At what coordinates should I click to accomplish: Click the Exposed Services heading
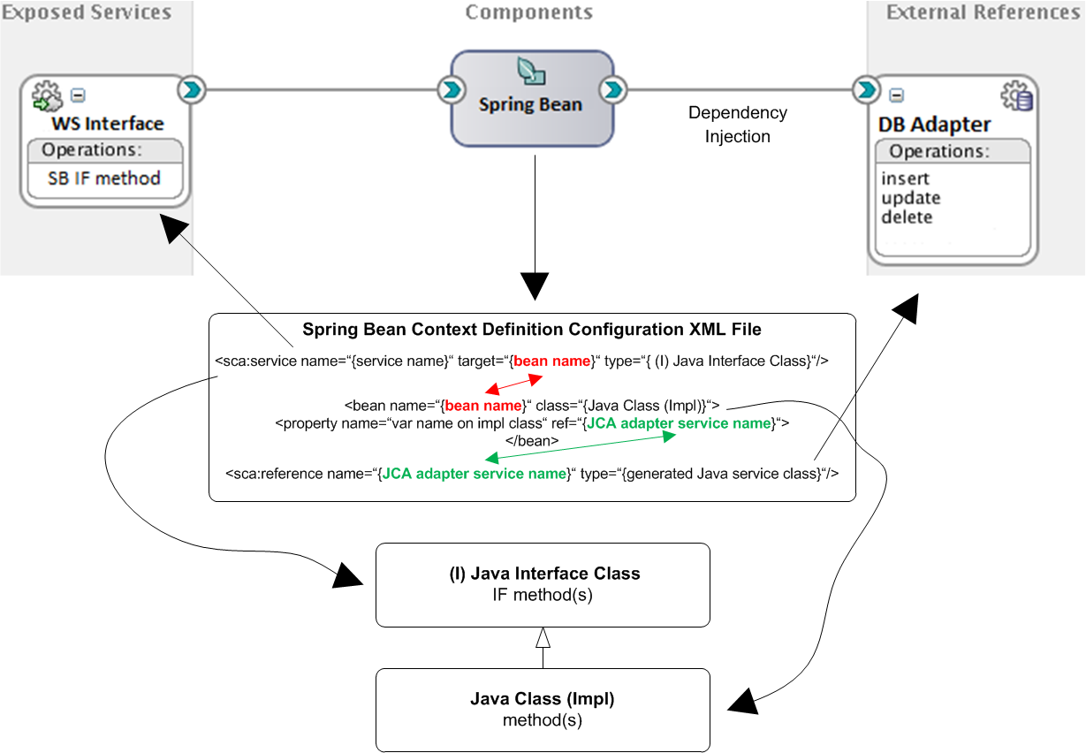coord(86,12)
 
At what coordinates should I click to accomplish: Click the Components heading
coord(529,12)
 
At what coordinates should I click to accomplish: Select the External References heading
coord(983,12)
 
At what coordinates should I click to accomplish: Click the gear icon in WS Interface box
coord(45,95)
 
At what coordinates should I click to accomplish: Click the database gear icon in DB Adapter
coord(1017,96)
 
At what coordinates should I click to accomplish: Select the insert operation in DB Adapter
coord(905,179)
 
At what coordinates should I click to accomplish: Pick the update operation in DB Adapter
coord(910,198)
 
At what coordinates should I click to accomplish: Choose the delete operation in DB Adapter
coord(907,217)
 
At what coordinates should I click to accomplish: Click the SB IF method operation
coord(104,179)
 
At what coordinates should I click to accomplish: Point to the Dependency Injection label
coord(737,125)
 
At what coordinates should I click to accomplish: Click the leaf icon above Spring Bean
coord(530,72)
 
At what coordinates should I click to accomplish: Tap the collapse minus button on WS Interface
coord(78,95)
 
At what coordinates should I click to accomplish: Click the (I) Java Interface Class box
coord(543,584)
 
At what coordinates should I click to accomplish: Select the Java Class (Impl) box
coord(543,710)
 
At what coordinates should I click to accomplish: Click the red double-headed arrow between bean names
coord(513,384)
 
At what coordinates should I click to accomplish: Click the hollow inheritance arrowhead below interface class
coord(543,637)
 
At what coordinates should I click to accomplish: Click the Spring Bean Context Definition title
coord(532,330)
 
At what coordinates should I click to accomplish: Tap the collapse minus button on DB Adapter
coord(895,95)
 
